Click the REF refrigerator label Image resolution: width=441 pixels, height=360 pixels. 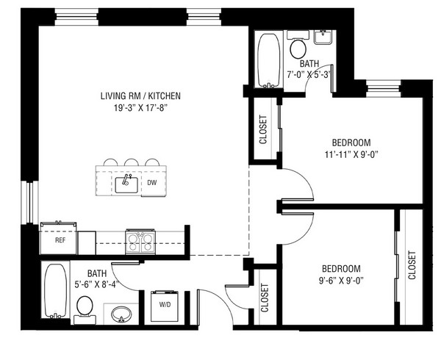pos(60,240)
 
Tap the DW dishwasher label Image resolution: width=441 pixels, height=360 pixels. pos(152,183)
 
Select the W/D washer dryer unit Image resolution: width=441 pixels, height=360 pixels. pos(165,306)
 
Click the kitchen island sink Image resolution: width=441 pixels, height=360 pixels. pos(126,184)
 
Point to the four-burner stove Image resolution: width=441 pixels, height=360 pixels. pos(140,242)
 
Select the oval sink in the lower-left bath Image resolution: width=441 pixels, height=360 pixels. pos(121,314)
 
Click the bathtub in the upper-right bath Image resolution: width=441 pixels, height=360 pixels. pos(268,60)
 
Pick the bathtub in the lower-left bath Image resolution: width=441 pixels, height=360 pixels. pos(56,289)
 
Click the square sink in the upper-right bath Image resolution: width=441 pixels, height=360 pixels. pos(325,37)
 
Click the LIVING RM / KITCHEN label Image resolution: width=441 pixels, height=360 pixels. pos(140,96)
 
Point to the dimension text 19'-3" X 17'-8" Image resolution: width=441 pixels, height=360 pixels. pos(140,108)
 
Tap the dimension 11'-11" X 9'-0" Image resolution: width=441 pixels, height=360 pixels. pos(351,154)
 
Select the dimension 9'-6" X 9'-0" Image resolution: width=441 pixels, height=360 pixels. pos(341,281)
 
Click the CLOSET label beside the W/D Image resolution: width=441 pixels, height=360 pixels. pos(265,298)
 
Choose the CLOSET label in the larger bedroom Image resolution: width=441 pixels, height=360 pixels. pos(263,129)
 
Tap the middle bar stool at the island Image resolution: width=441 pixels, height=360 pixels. pos(132,162)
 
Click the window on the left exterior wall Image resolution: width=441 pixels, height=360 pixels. pos(30,203)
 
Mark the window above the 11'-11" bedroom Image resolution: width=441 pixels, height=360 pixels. pos(384,89)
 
